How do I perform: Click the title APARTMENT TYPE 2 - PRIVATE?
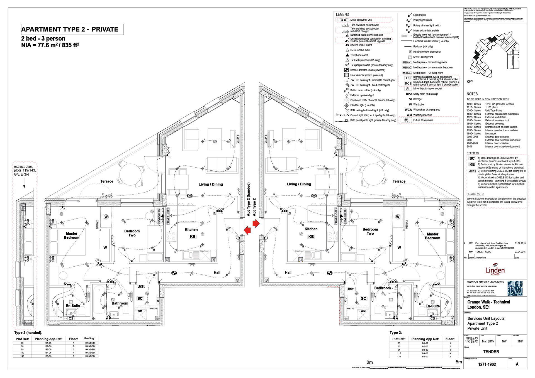[70, 30]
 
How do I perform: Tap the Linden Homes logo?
[495, 269]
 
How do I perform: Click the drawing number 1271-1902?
[487, 364]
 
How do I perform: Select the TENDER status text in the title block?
[491, 352]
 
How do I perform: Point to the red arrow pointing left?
[247, 230]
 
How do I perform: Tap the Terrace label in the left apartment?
[107, 181]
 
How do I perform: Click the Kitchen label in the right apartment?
[311, 229]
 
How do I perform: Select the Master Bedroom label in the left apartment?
[72, 235]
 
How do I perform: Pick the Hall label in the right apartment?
[288, 273]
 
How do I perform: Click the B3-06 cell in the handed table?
[48, 349]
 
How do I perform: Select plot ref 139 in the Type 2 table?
[399, 357]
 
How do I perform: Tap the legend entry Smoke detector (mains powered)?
[367, 70]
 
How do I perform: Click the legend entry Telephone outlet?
[359, 55]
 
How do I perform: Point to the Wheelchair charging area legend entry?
[426, 110]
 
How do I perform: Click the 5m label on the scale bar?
[458, 362]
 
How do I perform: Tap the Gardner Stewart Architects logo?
[515, 288]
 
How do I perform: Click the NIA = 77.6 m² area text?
[50, 45]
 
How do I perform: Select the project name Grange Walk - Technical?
[488, 302]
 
